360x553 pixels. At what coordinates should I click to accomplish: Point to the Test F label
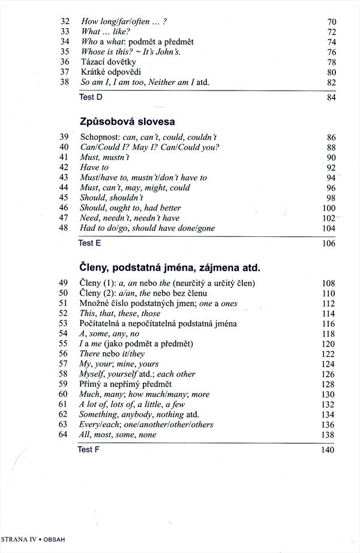coord(89,449)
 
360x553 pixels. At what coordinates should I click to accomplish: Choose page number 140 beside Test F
coord(329,450)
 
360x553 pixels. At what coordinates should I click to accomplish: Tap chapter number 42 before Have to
coord(65,167)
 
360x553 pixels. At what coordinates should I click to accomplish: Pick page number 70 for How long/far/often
coord(332,22)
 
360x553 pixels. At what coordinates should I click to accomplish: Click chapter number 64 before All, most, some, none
coord(65,435)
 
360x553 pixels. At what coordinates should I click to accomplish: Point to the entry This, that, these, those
coord(120,313)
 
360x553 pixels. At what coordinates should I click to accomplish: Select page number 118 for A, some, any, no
coord(329,333)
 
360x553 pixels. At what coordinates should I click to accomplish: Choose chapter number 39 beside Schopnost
coord(65,137)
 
